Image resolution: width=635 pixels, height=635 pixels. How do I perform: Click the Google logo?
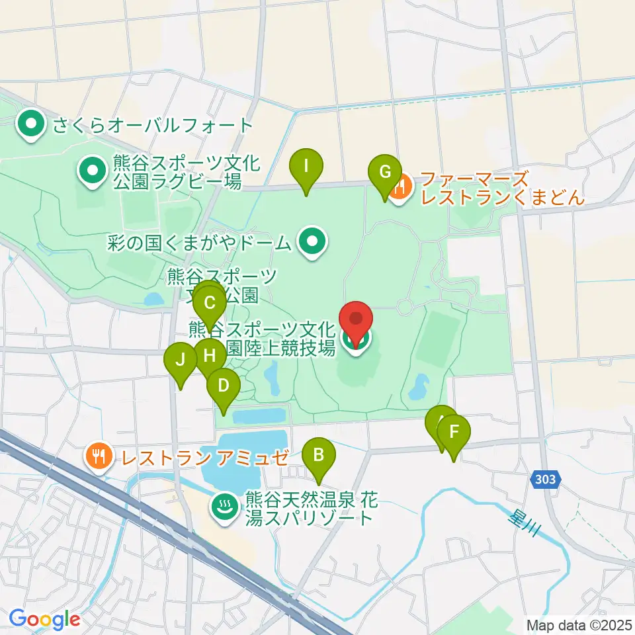pos(45,620)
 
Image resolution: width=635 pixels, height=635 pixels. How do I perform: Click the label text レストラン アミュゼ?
pos(202,456)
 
